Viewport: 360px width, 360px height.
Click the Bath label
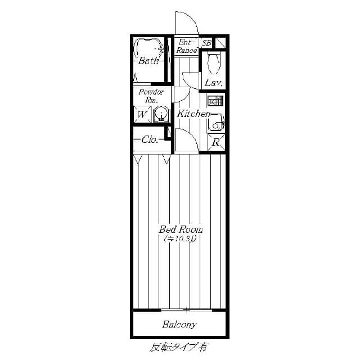coord(149,61)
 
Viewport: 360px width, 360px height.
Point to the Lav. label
coord(214,83)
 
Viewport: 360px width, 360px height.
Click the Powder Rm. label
coord(151,96)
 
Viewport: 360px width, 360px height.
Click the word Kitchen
coord(193,114)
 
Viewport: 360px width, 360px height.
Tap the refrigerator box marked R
coord(216,142)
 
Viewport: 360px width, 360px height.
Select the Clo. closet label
coord(150,140)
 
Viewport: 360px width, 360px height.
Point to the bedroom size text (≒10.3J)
coord(180,239)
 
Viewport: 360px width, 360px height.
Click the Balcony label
coord(179,325)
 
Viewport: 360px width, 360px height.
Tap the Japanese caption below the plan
coord(179,347)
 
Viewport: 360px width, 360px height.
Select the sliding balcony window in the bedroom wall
coord(186,310)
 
